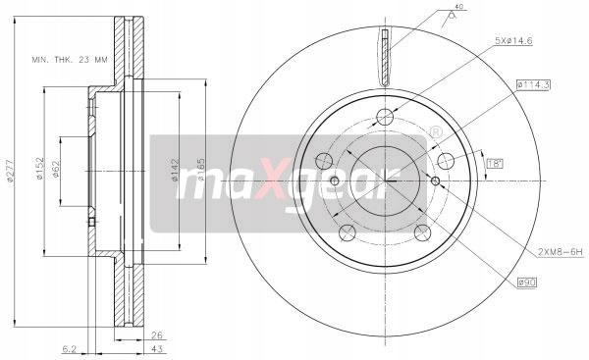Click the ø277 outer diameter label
(11, 172)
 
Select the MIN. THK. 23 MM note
(70, 60)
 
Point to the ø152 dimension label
(39, 168)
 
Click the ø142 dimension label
(175, 171)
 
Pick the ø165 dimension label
(201, 170)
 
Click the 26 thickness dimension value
(156, 335)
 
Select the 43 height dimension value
(158, 349)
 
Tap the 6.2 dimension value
(70, 349)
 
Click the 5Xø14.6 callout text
(513, 41)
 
